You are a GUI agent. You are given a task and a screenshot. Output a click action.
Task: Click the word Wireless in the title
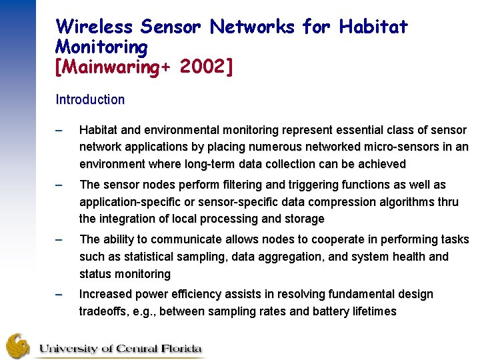pyautogui.click(x=95, y=27)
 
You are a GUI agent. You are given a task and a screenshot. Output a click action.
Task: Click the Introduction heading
pyautogui.click(x=90, y=100)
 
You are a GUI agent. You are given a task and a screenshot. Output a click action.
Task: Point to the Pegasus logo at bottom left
pyautogui.click(x=18, y=346)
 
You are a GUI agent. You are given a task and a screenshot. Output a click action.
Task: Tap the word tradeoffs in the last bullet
pyautogui.click(x=105, y=311)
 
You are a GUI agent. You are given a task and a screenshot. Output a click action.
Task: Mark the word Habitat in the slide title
pyautogui.click(x=373, y=27)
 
